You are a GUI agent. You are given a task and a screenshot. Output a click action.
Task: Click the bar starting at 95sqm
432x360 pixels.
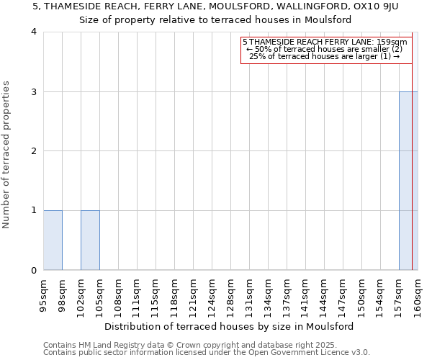click(x=53, y=240)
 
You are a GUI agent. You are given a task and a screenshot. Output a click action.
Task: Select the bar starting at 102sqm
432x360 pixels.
click(x=90, y=240)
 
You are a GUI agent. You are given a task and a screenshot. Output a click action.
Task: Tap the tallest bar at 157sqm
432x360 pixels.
click(x=408, y=180)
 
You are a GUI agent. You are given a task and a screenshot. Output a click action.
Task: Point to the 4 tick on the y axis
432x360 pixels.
click(x=34, y=32)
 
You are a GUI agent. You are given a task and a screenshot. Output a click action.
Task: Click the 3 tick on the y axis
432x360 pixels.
click(x=34, y=91)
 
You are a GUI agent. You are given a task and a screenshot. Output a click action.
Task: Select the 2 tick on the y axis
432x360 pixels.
click(x=34, y=151)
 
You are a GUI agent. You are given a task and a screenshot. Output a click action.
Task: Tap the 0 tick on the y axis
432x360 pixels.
click(x=34, y=270)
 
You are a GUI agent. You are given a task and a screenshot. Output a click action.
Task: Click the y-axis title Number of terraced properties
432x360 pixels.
click(x=6, y=154)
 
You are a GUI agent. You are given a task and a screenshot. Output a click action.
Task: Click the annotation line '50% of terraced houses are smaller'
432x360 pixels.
click(x=324, y=49)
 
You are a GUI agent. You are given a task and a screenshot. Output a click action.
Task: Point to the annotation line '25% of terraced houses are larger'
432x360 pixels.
click(x=324, y=56)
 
